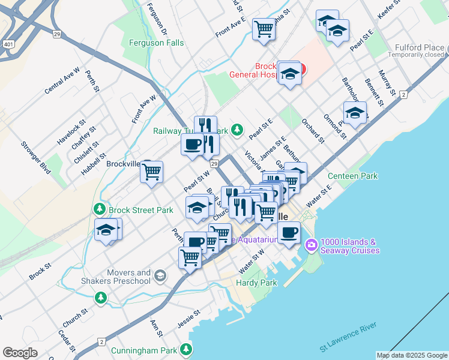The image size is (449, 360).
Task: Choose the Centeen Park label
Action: [353, 176]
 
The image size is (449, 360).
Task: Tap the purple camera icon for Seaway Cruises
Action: [311, 245]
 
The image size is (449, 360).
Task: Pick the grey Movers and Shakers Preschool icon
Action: [160, 276]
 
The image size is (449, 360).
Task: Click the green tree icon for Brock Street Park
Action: [100, 209]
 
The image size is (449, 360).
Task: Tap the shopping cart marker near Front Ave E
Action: [264, 28]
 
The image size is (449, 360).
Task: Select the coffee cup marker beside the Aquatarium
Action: [289, 232]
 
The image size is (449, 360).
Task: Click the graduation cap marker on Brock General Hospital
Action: [290, 73]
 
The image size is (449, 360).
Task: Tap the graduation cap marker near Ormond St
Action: [355, 112]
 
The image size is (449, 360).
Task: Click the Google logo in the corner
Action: [20, 353]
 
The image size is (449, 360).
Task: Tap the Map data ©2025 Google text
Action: [411, 355]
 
